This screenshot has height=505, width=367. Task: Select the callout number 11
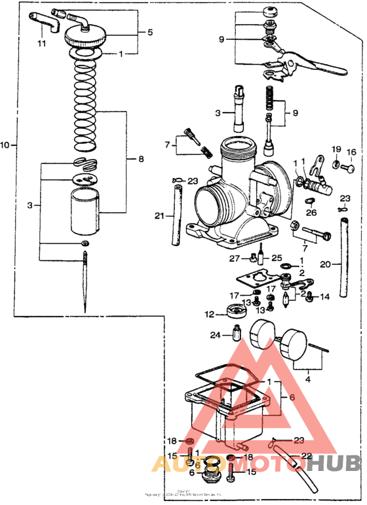point(41,44)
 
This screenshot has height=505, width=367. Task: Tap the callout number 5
point(150,31)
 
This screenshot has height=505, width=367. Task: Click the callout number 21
point(159,216)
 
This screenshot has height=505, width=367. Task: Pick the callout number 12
point(209,315)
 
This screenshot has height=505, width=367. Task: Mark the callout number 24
point(215,336)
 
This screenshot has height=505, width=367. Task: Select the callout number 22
point(307,456)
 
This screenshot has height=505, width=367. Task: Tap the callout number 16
point(351,152)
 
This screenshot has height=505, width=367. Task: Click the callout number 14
point(325,297)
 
